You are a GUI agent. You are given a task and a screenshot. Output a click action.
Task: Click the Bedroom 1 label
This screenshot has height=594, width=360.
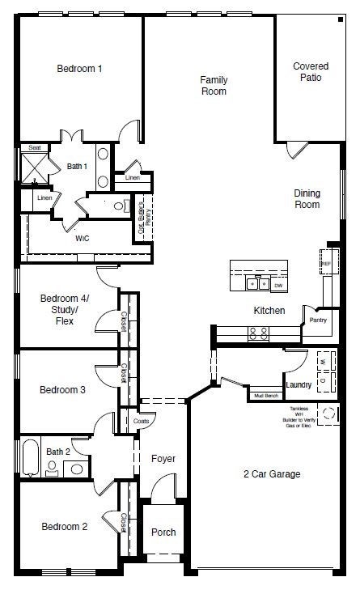pos(79,69)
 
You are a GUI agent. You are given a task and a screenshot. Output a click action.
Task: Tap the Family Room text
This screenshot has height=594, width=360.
pos(214,85)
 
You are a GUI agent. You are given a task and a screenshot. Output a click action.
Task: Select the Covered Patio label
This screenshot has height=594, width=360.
pos(307,72)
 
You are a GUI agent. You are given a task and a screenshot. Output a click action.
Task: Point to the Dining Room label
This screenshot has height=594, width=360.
pos(307,199)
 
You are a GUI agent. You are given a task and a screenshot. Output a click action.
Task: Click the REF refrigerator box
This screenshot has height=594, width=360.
pos(326,264)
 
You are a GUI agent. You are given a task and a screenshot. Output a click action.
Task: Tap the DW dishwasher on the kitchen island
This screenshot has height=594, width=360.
pos(277,285)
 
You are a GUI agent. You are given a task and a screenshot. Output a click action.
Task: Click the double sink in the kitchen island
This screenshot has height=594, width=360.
pos(257,284)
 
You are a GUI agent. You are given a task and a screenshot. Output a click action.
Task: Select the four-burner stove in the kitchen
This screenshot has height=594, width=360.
pos(258,331)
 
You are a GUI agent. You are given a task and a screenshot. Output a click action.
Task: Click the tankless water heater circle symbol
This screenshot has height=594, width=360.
pos(329,413)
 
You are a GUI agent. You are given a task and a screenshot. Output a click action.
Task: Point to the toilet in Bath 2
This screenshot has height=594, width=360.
pos(52,467)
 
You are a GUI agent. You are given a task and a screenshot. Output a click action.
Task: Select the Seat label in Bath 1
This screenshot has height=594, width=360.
pos(35,148)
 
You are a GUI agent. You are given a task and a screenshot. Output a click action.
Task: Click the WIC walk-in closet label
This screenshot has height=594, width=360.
pos(82,239)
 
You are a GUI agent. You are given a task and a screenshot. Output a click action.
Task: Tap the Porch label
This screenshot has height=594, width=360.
pos(163,532)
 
